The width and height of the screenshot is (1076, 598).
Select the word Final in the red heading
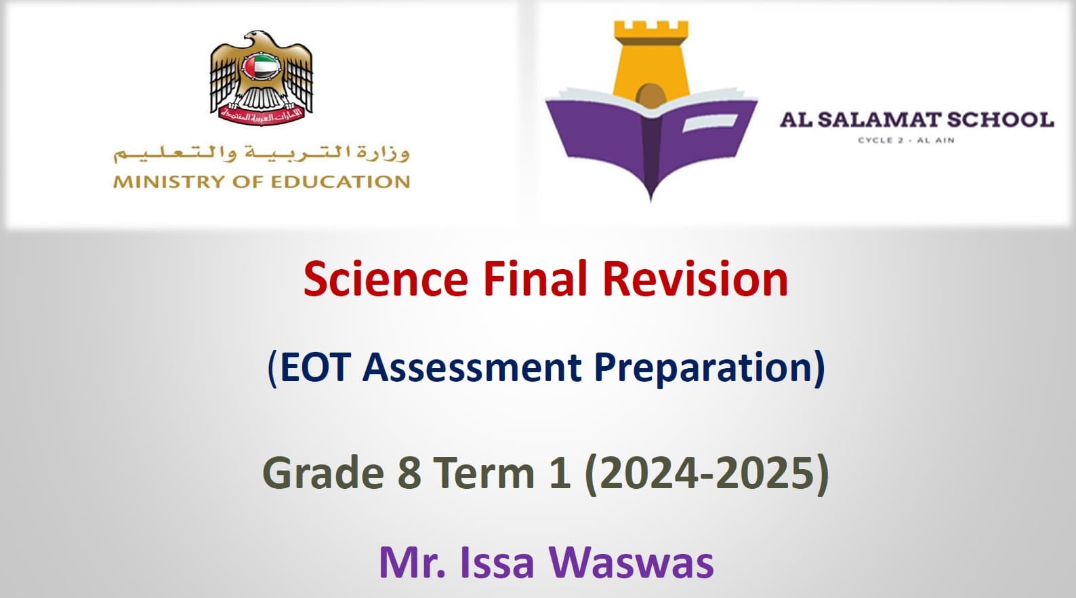pyautogui.click(x=535, y=279)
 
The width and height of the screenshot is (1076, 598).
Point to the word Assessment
pyautogui.click(x=472, y=367)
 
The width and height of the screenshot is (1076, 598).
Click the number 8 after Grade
pyautogui.click(x=410, y=473)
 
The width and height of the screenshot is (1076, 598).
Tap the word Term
pyautogui.click(x=486, y=473)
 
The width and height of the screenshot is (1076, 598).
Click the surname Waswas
pyautogui.click(x=632, y=563)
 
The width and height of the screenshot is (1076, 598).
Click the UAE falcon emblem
pyautogui.click(x=262, y=78)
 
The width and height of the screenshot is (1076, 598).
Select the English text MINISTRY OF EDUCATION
pyautogui.click(x=262, y=182)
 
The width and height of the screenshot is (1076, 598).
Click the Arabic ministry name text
pyautogui.click(x=262, y=154)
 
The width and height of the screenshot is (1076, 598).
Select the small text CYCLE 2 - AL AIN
pyautogui.click(x=907, y=140)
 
